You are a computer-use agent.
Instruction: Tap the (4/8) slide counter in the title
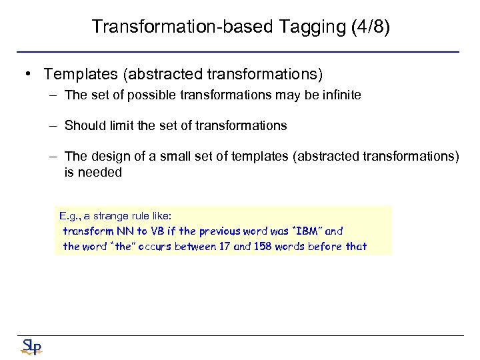click(366, 27)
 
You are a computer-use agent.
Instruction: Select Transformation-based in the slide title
click(175, 27)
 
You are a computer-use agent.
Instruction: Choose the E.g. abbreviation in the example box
click(70, 217)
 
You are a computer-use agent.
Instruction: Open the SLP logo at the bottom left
click(31, 346)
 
